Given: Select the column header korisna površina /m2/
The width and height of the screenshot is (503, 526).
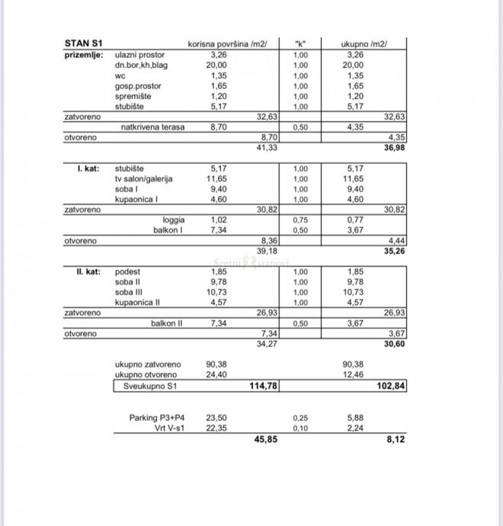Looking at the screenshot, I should click(x=227, y=44).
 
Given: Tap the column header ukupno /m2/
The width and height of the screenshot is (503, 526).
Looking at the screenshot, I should click(x=364, y=44).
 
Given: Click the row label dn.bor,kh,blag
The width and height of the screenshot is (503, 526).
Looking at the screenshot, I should click(x=141, y=66).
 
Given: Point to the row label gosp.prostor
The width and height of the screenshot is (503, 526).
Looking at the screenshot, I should click(x=138, y=86).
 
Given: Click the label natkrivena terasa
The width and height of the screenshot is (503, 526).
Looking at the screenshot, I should click(x=152, y=127).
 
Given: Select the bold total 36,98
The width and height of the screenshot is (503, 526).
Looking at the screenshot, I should click(x=395, y=147).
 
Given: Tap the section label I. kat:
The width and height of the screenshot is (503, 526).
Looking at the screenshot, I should click(x=88, y=168).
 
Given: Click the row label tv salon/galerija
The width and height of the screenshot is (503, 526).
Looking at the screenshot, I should click(x=143, y=178).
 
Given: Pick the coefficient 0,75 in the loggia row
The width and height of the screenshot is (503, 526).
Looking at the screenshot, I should click(x=300, y=220).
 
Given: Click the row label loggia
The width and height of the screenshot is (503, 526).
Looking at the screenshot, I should click(x=173, y=220).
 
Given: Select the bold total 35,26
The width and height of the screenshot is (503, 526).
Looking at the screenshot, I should click(x=395, y=250).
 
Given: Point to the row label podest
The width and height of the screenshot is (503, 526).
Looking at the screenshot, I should click(x=127, y=271).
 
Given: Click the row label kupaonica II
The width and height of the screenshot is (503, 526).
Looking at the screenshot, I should click(x=137, y=303).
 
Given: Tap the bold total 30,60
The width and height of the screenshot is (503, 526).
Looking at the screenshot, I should click(x=395, y=344).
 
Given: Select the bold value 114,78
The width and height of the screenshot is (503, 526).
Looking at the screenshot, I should click(x=263, y=386).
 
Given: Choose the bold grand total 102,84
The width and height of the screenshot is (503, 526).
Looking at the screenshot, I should click(x=392, y=386).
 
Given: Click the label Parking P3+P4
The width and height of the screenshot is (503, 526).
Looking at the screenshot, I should click(x=157, y=418).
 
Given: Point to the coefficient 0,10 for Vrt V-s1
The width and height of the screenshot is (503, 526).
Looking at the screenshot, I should click(x=300, y=428).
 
